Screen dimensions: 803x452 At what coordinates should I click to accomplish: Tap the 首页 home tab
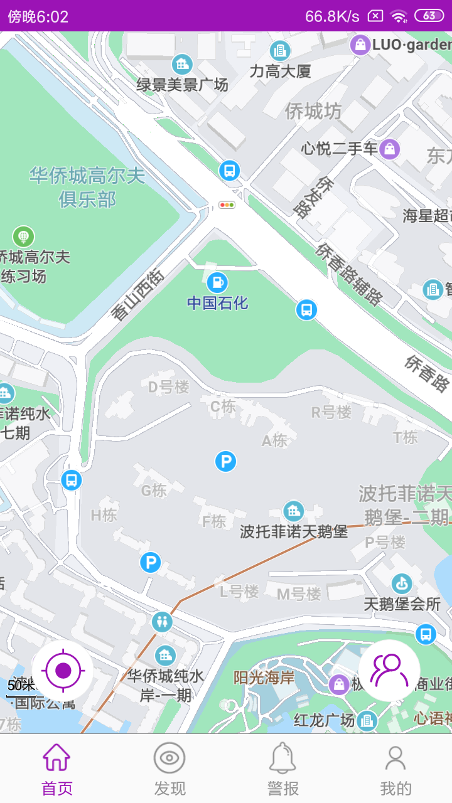56,768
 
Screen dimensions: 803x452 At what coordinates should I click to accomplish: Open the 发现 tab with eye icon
169,768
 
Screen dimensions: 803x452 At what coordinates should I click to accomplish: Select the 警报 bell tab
282,768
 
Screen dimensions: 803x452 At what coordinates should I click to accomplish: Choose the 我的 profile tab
395,768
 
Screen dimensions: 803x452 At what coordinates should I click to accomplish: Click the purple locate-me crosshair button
63,671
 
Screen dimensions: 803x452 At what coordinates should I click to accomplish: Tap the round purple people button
389,671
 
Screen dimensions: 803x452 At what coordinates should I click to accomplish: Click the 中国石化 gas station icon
217,282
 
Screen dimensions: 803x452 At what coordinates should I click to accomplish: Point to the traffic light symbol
227,205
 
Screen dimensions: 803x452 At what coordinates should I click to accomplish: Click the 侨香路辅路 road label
349,274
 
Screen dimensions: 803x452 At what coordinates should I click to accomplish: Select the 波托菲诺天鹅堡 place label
294,532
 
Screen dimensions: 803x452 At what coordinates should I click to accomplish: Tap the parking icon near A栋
225,462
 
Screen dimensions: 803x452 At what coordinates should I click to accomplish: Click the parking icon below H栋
150,562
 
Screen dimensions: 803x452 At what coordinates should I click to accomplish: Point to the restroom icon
162,622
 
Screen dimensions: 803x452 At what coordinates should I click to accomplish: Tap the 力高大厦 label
280,71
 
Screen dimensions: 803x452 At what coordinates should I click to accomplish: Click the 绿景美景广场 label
182,84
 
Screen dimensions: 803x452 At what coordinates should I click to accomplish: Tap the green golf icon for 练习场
23,237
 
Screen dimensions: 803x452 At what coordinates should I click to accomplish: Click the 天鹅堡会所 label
402,604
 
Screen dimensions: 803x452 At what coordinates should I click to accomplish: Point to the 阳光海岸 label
264,678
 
